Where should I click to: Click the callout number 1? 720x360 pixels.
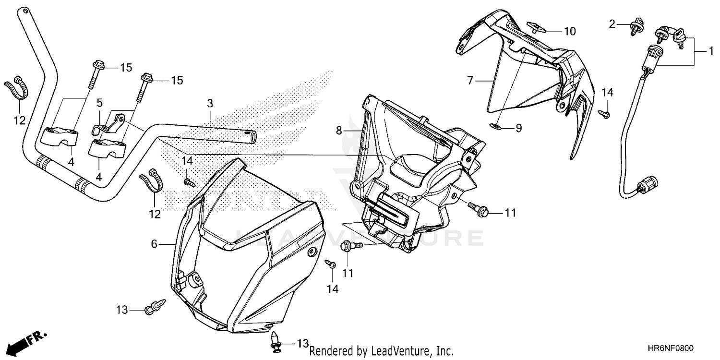tap(711, 51)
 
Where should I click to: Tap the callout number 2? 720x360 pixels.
tap(612, 24)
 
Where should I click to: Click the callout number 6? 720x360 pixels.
tap(154, 244)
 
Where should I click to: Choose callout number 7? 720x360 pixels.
tap(470, 81)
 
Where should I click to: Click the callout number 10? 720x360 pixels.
tap(569, 32)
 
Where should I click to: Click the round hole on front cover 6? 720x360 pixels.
tap(313, 252)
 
